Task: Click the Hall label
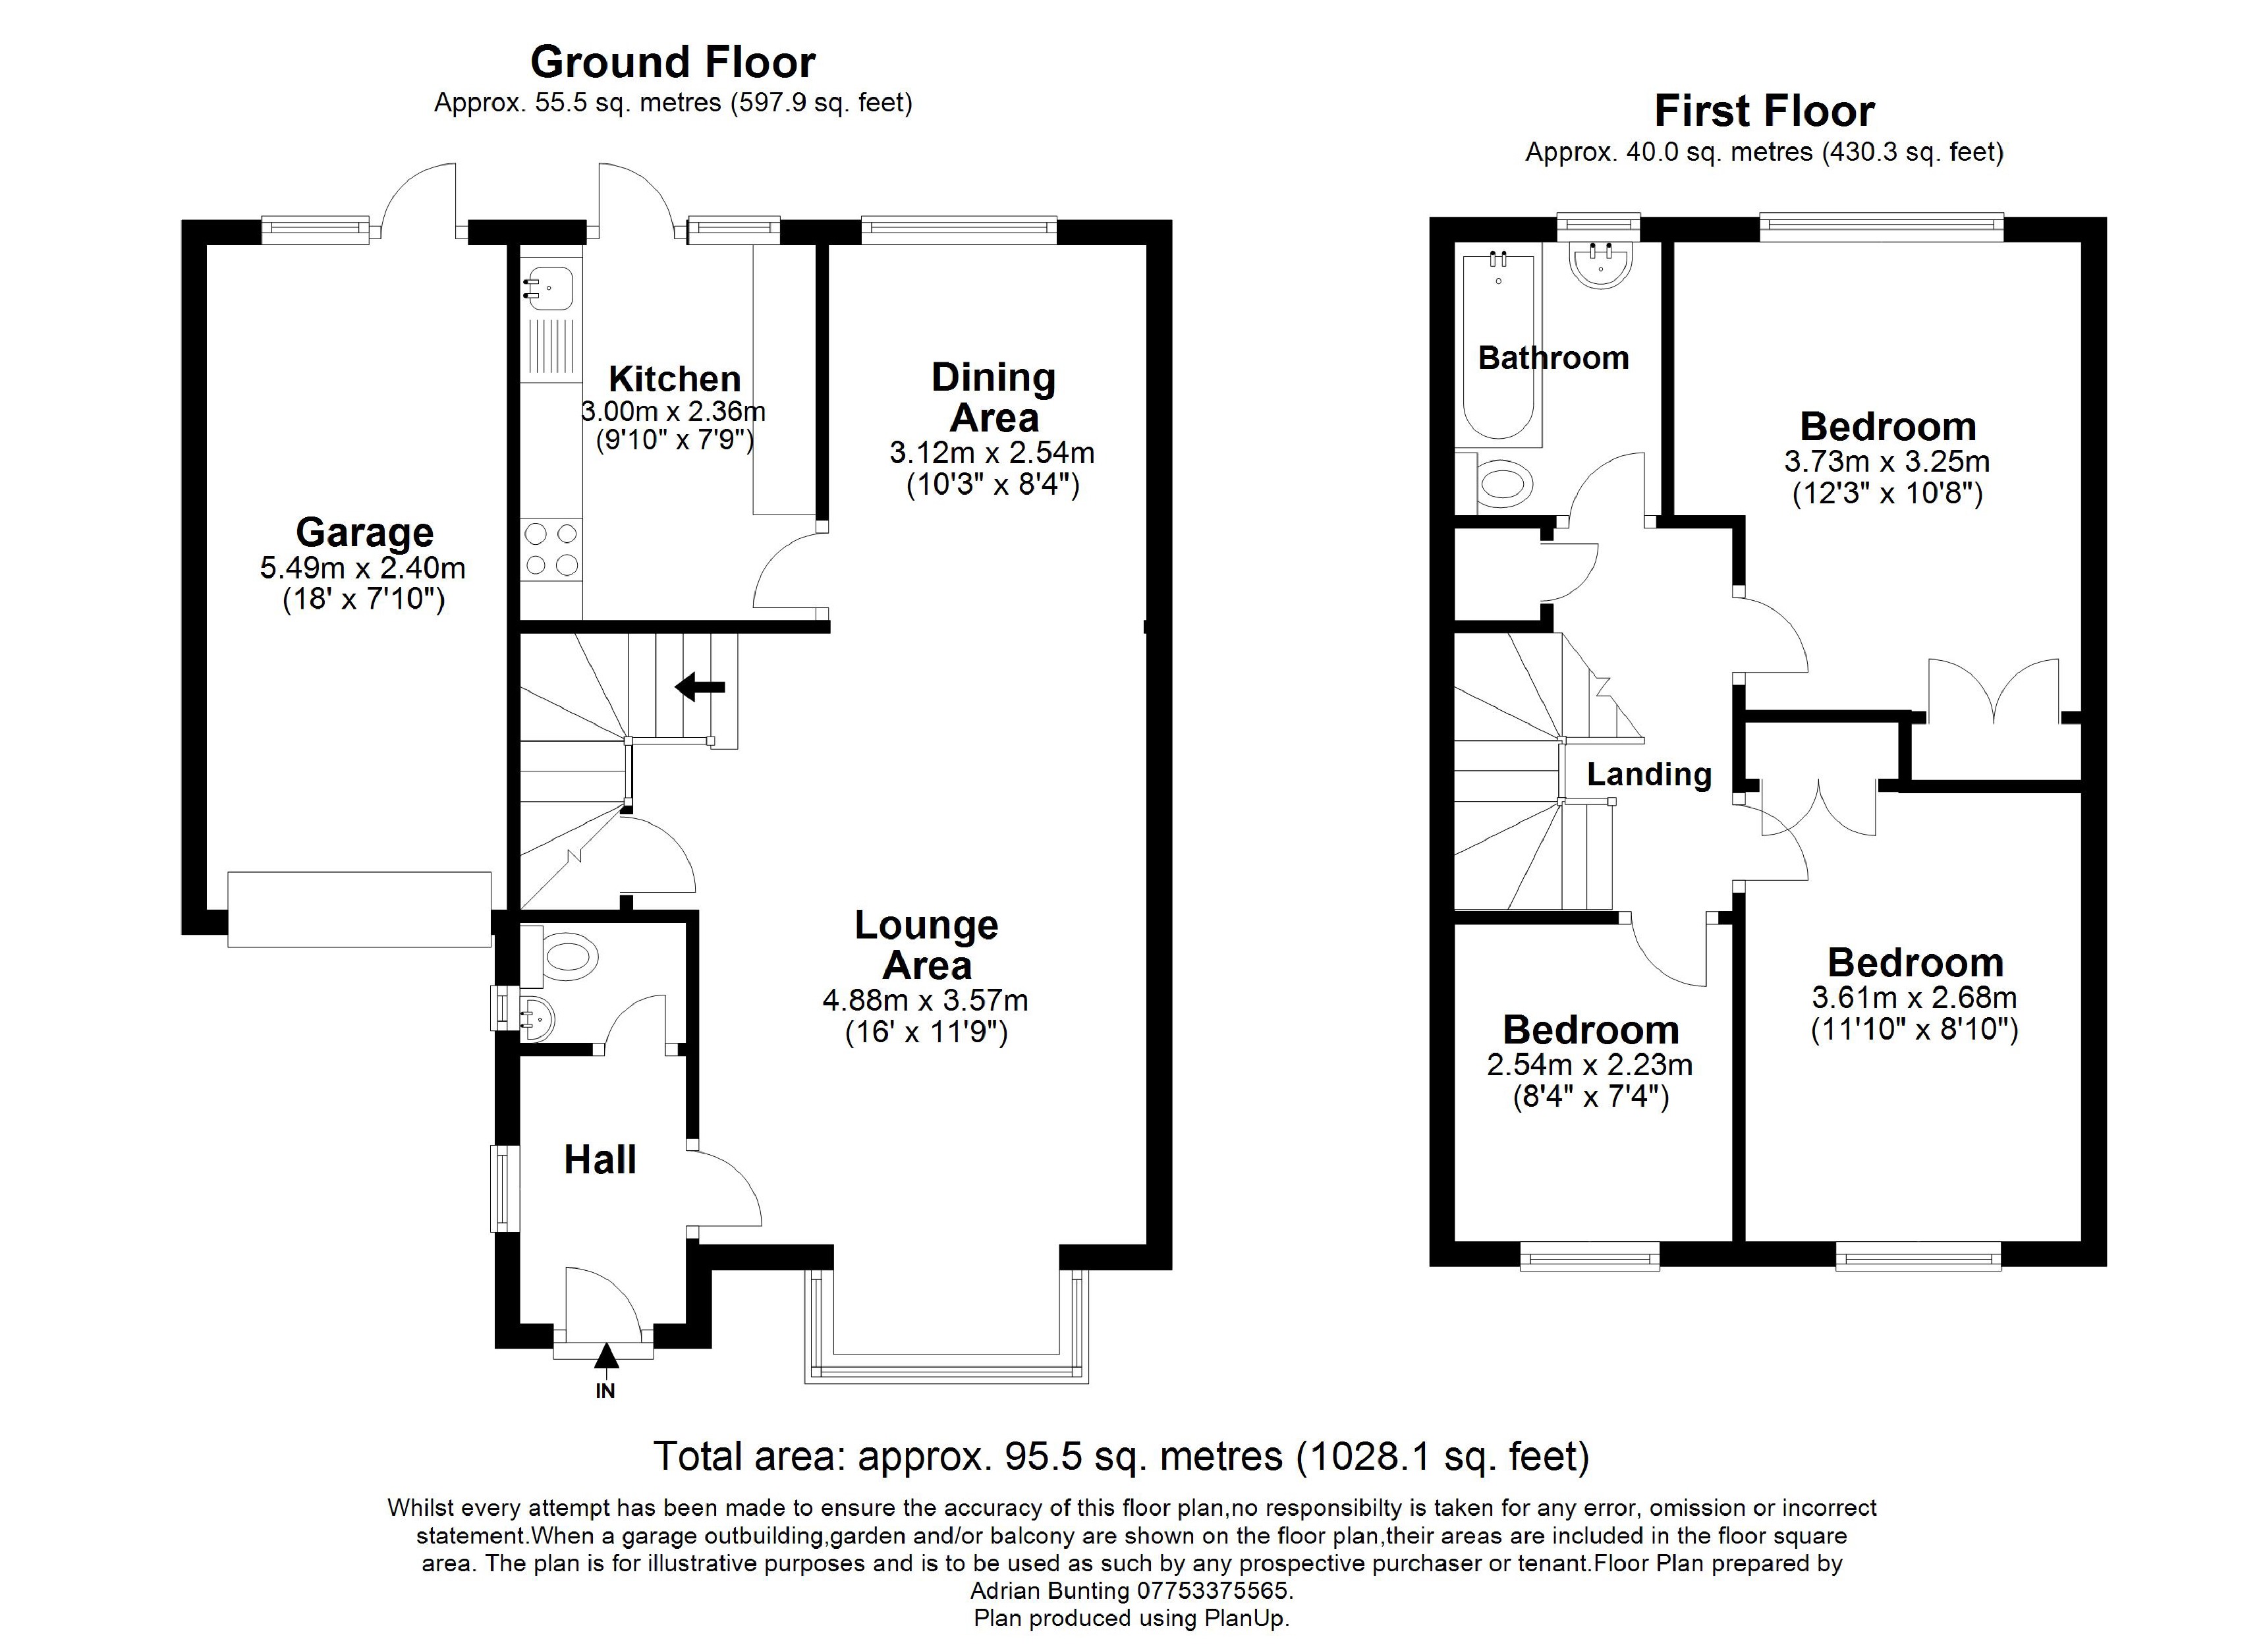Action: pos(600,1159)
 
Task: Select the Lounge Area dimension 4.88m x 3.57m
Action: pos(925,1000)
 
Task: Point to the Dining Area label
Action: pos(993,397)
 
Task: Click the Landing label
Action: pos(1649,774)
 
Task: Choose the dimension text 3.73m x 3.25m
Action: pos(1886,461)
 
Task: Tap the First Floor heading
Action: pos(1764,111)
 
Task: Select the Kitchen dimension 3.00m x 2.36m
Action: pos(674,410)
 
